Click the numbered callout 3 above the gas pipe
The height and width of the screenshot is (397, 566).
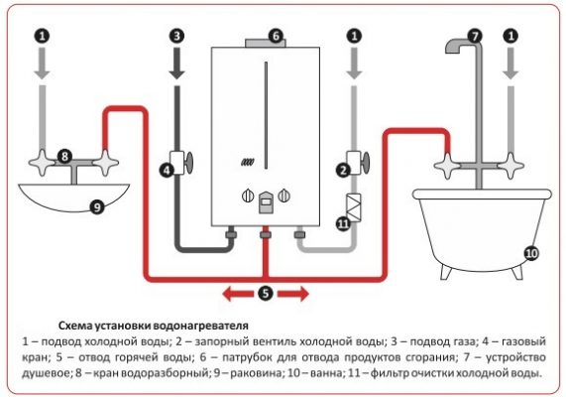(177, 35)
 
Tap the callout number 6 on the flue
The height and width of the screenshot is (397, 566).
(277, 35)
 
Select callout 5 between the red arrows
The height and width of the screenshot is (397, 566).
(265, 293)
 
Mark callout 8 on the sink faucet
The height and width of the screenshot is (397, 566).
(64, 156)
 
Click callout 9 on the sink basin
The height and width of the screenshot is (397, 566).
(96, 207)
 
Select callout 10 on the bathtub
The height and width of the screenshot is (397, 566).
(530, 253)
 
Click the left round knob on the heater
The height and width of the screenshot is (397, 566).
(244, 196)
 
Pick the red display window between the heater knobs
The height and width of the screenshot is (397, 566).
(265, 204)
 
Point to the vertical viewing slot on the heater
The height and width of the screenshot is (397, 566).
(265, 112)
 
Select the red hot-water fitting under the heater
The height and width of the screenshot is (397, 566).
(265, 236)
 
